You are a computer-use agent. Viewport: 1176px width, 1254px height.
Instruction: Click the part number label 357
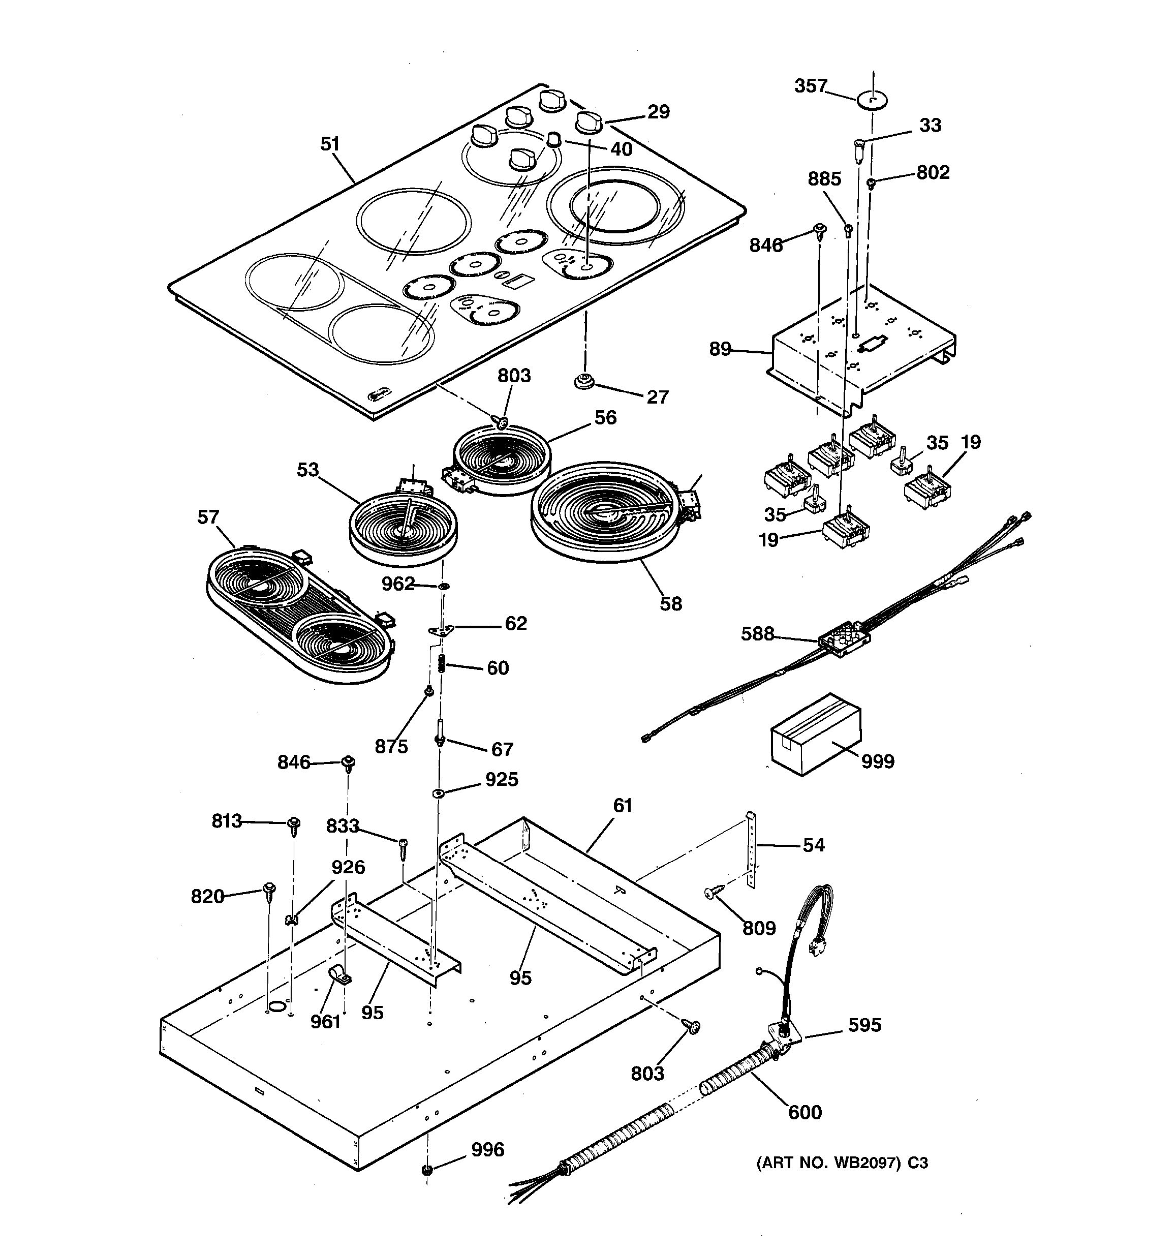810,86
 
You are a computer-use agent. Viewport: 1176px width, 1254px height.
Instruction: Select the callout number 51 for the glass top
330,144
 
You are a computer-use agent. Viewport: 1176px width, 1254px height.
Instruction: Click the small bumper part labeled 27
584,382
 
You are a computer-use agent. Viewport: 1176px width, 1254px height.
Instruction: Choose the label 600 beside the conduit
804,1112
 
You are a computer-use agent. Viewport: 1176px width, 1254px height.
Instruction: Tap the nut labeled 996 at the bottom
427,1170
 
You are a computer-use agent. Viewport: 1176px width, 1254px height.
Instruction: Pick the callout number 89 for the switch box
720,349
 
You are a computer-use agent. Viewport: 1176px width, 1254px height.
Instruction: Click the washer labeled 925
437,793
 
